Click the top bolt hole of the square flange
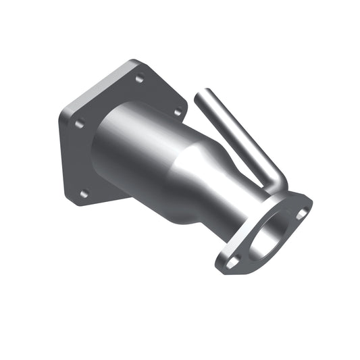[140, 78]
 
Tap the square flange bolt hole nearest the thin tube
[178, 112]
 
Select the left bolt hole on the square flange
[80, 124]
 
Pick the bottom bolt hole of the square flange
[84, 194]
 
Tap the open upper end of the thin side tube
[199, 97]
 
